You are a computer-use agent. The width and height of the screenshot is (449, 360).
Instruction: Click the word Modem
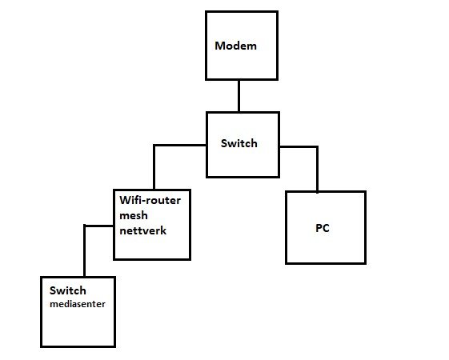click(235, 46)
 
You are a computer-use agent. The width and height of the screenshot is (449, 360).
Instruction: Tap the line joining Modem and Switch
click(239, 96)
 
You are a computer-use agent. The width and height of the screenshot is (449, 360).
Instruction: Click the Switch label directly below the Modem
click(239, 143)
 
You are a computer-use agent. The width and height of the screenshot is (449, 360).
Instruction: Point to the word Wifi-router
click(150, 200)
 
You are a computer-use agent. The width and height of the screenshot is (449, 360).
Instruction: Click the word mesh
click(134, 215)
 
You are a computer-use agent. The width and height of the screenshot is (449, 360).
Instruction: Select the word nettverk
click(143, 230)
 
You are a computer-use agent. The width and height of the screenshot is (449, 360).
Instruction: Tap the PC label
click(323, 228)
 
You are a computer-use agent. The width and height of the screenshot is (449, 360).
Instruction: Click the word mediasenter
click(78, 304)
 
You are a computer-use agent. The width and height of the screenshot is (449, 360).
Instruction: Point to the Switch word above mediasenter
click(68, 290)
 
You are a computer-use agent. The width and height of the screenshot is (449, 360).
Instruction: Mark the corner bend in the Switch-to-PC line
click(317, 147)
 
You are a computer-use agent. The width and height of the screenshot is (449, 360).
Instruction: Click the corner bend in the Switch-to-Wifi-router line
click(154, 146)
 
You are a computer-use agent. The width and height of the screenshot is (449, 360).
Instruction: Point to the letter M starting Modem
click(219, 46)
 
